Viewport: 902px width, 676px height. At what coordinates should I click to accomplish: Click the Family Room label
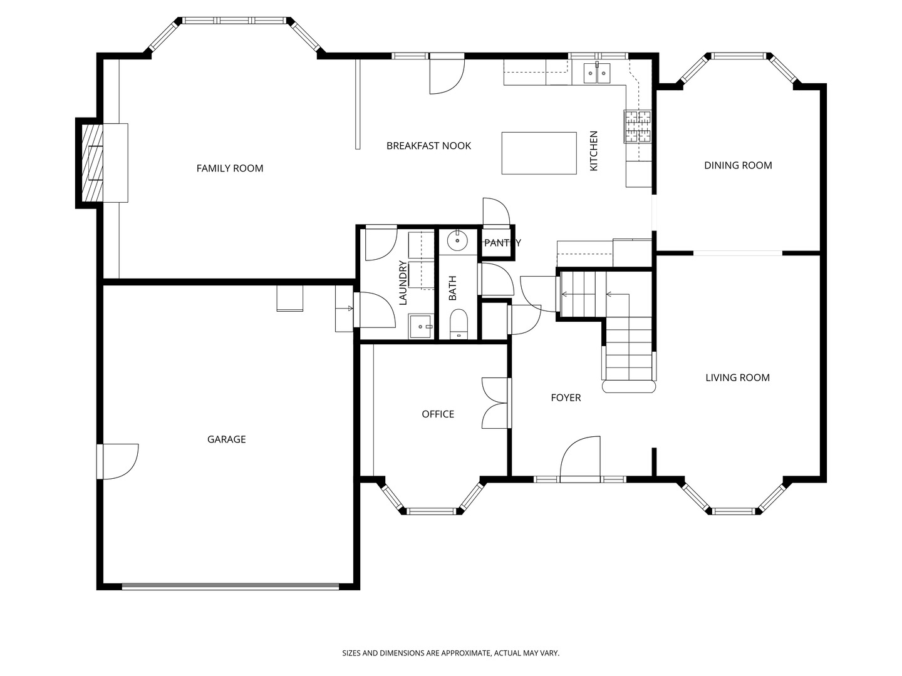coord(230,168)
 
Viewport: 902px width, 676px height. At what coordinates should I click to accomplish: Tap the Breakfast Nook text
coord(428,146)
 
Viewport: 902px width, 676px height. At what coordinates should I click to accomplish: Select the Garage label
coord(226,439)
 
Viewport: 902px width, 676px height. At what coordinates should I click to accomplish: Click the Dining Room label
coord(738,165)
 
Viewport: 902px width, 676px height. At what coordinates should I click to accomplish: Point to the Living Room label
coord(737,377)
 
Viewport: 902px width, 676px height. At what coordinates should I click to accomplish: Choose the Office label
coord(438,414)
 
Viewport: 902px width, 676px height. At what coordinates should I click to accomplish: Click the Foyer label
coord(566,397)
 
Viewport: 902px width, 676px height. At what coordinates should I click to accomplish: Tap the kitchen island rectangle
coord(539,153)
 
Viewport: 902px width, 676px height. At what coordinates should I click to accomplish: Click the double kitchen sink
coord(597,73)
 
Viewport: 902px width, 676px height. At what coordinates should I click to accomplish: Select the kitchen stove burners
coord(637,126)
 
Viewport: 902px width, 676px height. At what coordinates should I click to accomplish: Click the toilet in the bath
coord(459,324)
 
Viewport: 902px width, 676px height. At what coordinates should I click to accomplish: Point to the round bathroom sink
coord(458,240)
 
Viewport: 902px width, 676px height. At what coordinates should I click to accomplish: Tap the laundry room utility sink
coord(421,326)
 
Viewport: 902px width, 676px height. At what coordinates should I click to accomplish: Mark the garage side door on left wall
coord(117,461)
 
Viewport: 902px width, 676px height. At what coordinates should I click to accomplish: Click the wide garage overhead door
coord(230,586)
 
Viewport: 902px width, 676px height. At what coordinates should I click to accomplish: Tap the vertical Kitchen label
coord(594,151)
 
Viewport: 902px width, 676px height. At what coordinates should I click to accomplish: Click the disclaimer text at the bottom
coord(450,653)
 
